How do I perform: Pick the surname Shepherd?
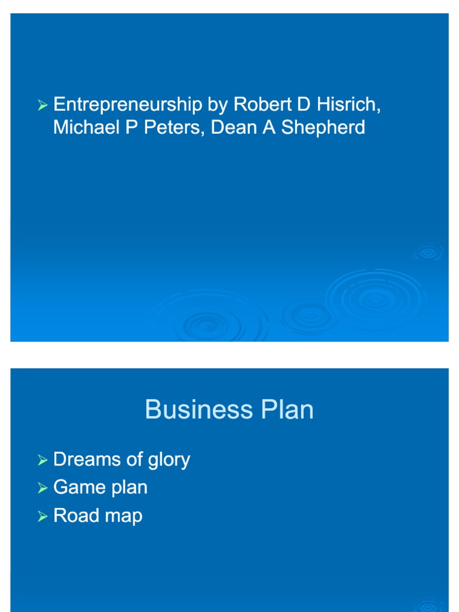[x=323, y=127]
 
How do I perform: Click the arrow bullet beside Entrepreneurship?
[x=42, y=106]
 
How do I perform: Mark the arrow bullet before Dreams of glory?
[x=42, y=460]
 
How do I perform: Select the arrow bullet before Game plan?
[x=42, y=488]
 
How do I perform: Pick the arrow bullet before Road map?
[x=42, y=516]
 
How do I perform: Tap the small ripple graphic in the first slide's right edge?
[x=428, y=253]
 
